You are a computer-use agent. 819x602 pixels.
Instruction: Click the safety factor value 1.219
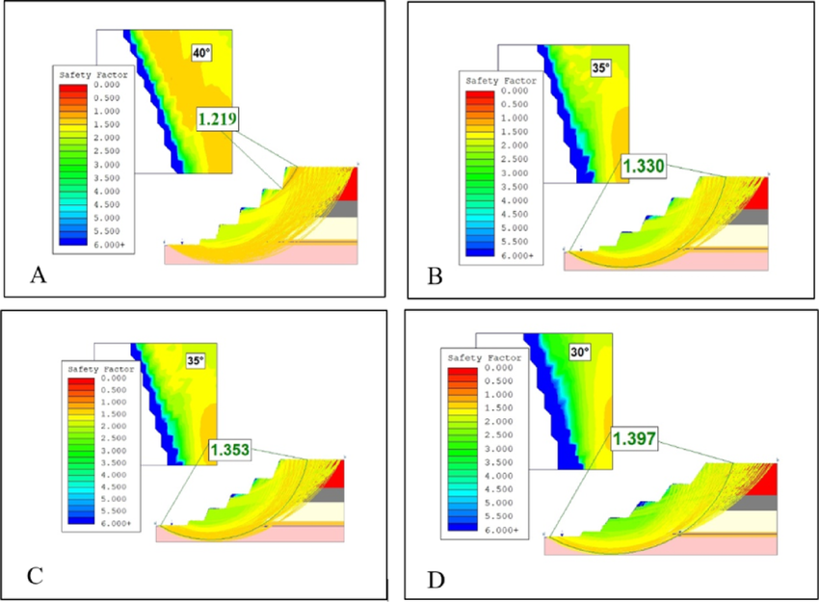(218, 119)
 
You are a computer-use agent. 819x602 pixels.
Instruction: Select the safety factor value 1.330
(644, 166)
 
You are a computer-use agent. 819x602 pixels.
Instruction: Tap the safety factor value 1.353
(230, 450)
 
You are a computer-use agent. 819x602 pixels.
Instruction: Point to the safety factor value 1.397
(634, 438)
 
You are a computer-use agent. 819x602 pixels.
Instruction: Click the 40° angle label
(201, 53)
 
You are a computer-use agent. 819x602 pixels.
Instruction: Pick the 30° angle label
(580, 352)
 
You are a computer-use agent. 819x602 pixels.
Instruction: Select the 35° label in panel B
(601, 67)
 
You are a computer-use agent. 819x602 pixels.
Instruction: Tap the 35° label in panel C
(196, 360)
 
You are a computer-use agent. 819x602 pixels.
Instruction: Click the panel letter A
(39, 275)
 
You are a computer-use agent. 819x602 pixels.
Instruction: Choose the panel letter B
(435, 276)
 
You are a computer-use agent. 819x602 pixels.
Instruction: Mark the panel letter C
(35, 575)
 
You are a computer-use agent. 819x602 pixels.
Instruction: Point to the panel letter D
(436, 580)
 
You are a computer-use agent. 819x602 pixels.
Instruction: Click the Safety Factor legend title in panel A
(92, 75)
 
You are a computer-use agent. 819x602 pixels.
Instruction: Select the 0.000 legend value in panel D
(499, 368)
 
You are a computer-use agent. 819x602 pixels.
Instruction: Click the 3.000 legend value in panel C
(114, 450)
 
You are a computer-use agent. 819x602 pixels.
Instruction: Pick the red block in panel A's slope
(349, 184)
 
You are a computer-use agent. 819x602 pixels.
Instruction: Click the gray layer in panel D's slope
(760, 502)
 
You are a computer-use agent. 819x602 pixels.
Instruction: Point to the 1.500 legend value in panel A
(107, 124)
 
